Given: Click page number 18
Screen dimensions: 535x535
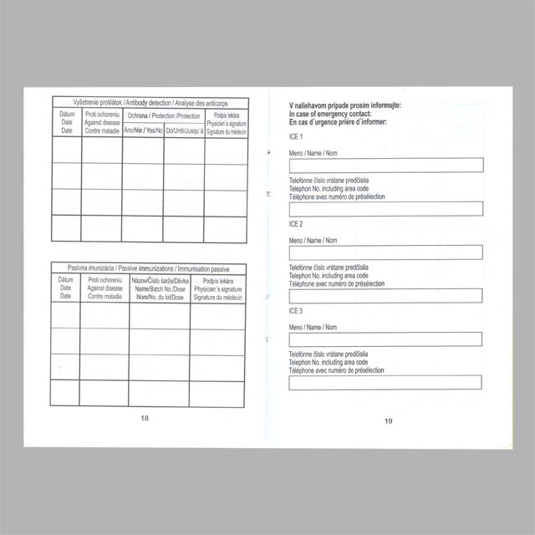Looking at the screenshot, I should (145, 418).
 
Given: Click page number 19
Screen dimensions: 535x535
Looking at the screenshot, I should (389, 420).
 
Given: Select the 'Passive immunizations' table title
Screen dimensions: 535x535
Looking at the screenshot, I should (148, 268).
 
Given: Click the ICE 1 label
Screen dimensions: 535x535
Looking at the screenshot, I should (296, 136).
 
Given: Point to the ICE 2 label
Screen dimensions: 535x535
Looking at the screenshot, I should (296, 224).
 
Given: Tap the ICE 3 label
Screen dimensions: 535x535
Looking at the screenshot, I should (296, 311).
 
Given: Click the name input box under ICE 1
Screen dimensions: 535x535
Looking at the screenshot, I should (385, 165).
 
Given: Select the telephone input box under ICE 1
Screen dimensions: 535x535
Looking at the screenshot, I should (385, 208).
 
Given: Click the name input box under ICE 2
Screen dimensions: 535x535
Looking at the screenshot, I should (385, 252).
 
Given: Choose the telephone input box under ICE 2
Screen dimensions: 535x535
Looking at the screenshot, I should (385, 295).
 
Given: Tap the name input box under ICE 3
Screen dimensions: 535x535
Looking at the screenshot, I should (385, 339).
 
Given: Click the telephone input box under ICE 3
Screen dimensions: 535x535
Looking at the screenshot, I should (385, 383).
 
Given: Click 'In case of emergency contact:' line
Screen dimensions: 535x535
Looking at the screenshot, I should (330, 113).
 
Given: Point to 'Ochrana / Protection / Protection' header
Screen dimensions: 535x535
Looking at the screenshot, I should (164, 115).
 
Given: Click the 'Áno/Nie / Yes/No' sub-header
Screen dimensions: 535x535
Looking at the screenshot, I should (143, 130).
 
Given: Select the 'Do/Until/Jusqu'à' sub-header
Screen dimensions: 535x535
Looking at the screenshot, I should (184, 130).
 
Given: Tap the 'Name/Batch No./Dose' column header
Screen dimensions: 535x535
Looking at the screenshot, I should (160, 288).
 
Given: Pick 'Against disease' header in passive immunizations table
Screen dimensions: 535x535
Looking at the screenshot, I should (104, 288).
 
